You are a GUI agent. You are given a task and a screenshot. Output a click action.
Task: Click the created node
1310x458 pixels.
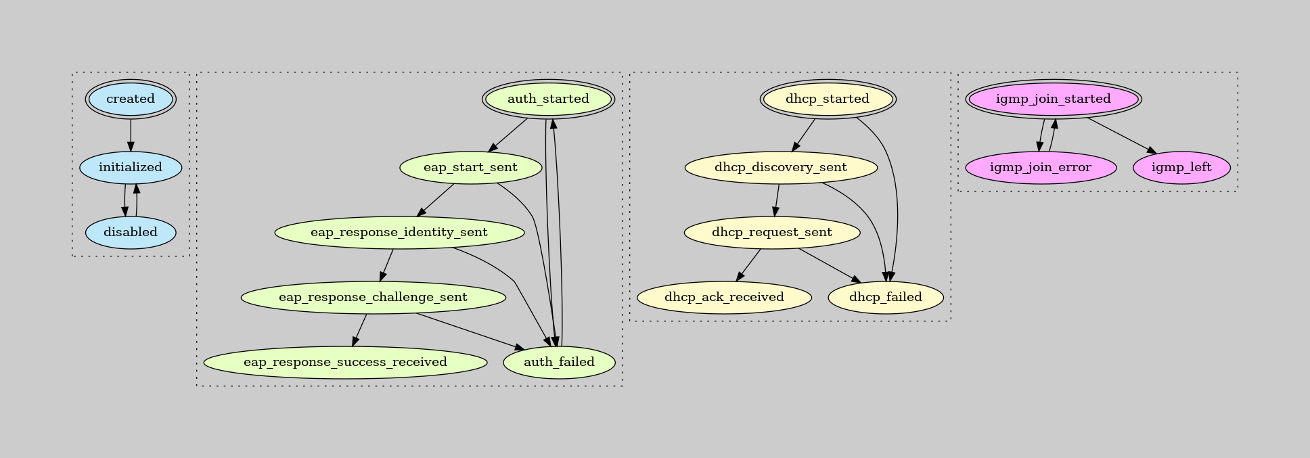(x=131, y=99)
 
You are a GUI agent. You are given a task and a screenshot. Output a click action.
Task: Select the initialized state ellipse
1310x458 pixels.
(x=131, y=167)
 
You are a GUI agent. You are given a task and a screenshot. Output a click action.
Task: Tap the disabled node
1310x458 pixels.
(x=131, y=232)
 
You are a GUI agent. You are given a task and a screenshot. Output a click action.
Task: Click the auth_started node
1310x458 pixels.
(x=548, y=99)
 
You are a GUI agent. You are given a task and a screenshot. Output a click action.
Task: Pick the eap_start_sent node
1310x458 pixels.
(x=470, y=167)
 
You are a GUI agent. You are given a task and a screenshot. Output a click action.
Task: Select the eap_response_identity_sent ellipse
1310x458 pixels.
(x=399, y=232)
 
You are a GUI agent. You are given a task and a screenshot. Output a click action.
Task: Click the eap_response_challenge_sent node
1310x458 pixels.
(x=373, y=297)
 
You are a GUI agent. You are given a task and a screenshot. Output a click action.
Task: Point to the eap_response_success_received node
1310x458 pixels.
(x=345, y=362)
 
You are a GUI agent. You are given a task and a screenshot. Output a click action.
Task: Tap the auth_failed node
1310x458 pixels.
(x=559, y=362)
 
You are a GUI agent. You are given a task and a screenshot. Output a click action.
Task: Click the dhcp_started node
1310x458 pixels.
(x=828, y=99)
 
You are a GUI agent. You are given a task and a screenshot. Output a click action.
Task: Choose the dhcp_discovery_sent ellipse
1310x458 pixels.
(x=781, y=167)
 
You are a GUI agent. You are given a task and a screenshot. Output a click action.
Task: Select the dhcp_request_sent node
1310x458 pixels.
(x=772, y=232)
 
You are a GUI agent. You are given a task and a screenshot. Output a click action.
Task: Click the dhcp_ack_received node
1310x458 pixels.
(x=724, y=297)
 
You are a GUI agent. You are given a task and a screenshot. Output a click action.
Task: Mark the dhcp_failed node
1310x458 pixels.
(x=885, y=297)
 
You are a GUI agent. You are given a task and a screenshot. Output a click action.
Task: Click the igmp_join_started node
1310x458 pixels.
(x=1054, y=99)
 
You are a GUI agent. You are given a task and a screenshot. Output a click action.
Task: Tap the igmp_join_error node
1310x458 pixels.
(x=1041, y=167)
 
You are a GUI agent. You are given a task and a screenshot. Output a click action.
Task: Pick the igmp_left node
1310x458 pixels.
(x=1181, y=167)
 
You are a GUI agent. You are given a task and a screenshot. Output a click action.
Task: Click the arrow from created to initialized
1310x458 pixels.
(x=131, y=135)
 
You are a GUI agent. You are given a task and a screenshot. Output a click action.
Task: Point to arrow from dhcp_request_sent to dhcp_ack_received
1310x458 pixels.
(x=749, y=265)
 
